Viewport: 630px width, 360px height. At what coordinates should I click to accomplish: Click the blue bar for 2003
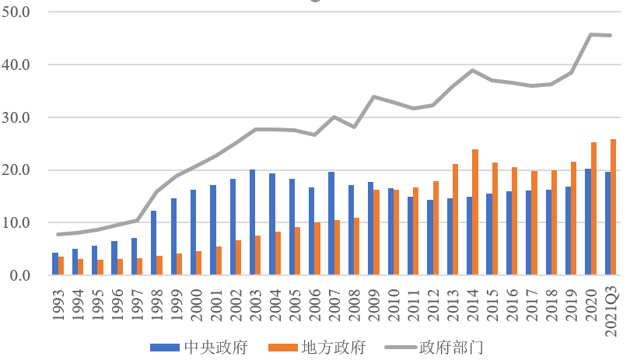pos(252,222)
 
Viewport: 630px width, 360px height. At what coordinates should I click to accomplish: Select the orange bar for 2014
pos(475,212)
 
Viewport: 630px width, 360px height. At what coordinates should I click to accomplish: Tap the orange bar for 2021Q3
pos(613,208)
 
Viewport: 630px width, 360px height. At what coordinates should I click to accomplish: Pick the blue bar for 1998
pos(153,243)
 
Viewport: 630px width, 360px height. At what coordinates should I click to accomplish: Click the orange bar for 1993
pos(61,266)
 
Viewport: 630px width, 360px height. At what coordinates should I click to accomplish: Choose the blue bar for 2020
pos(588,222)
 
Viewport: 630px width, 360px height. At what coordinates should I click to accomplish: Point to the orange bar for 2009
pos(376,232)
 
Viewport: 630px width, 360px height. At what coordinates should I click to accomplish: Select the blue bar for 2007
pos(331,223)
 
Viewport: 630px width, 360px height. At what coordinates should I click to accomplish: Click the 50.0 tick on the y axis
pos(16,12)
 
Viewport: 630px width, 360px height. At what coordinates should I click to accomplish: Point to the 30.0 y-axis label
pos(16,117)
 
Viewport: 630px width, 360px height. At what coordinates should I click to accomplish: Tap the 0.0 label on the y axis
pos(20,275)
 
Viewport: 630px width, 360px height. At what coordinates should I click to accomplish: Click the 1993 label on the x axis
pos(58,306)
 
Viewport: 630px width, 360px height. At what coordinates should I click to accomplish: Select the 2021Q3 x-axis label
pos(611,312)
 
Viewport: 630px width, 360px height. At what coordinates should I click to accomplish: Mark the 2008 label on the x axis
pos(355,306)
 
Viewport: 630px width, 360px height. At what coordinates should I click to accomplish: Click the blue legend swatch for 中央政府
pos(165,348)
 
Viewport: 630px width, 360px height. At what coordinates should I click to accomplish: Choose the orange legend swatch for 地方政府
pos(283,348)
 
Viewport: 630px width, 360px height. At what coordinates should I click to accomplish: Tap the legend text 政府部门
pos(451,348)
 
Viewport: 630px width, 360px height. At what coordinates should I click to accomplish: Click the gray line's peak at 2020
pos(590,34)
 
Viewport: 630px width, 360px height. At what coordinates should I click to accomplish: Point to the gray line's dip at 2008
pos(354,127)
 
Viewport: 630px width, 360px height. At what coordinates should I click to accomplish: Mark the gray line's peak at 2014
pos(473,70)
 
